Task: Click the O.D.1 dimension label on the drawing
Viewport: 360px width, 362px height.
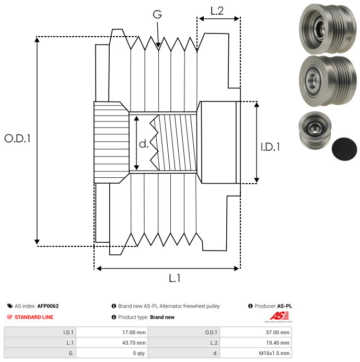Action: pyautogui.click(x=17, y=139)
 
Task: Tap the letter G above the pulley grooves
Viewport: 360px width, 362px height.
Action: pyautogui.click(x=157, y=14)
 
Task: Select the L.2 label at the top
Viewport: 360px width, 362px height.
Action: pyautogui.click(x=217, y=11)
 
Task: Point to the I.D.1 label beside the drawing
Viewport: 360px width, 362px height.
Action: pyautogui.click(x=270, y=147)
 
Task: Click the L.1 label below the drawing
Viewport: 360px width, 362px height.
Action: pyautogui.click(x=175, y=278)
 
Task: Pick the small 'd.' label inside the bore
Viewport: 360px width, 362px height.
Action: pyautogui.click(x=144, y=144)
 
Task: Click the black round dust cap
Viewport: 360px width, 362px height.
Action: pyautogui.click(x=344, y=149)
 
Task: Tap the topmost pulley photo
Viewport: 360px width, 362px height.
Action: pyautogui.click(x=328, y=29)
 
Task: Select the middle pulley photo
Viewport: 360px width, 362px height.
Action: pyautogui.click(x=328, y=81)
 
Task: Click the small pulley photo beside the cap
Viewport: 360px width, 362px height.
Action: pyautogui.click(x=315, y=131)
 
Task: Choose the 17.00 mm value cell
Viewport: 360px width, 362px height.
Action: pyautogui.click(x=112, y=332)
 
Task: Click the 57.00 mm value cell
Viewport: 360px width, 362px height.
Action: pyautogui.click(x=256, y=332)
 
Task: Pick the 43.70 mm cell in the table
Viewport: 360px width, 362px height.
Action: pyautogui.click(x=112, y=343)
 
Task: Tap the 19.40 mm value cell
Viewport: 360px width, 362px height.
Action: pyautogui.click(x=256, y=343)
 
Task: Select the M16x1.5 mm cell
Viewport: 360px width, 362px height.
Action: pyautogui.click(x=256, y=353)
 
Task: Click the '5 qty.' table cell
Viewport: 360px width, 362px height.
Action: pyautogui.click(x=112, y=353)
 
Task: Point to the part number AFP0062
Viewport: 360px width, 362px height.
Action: pyautogui.click(x=48, y=306)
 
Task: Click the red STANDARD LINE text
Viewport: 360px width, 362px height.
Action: pyautogui.click(x=34, y=317)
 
